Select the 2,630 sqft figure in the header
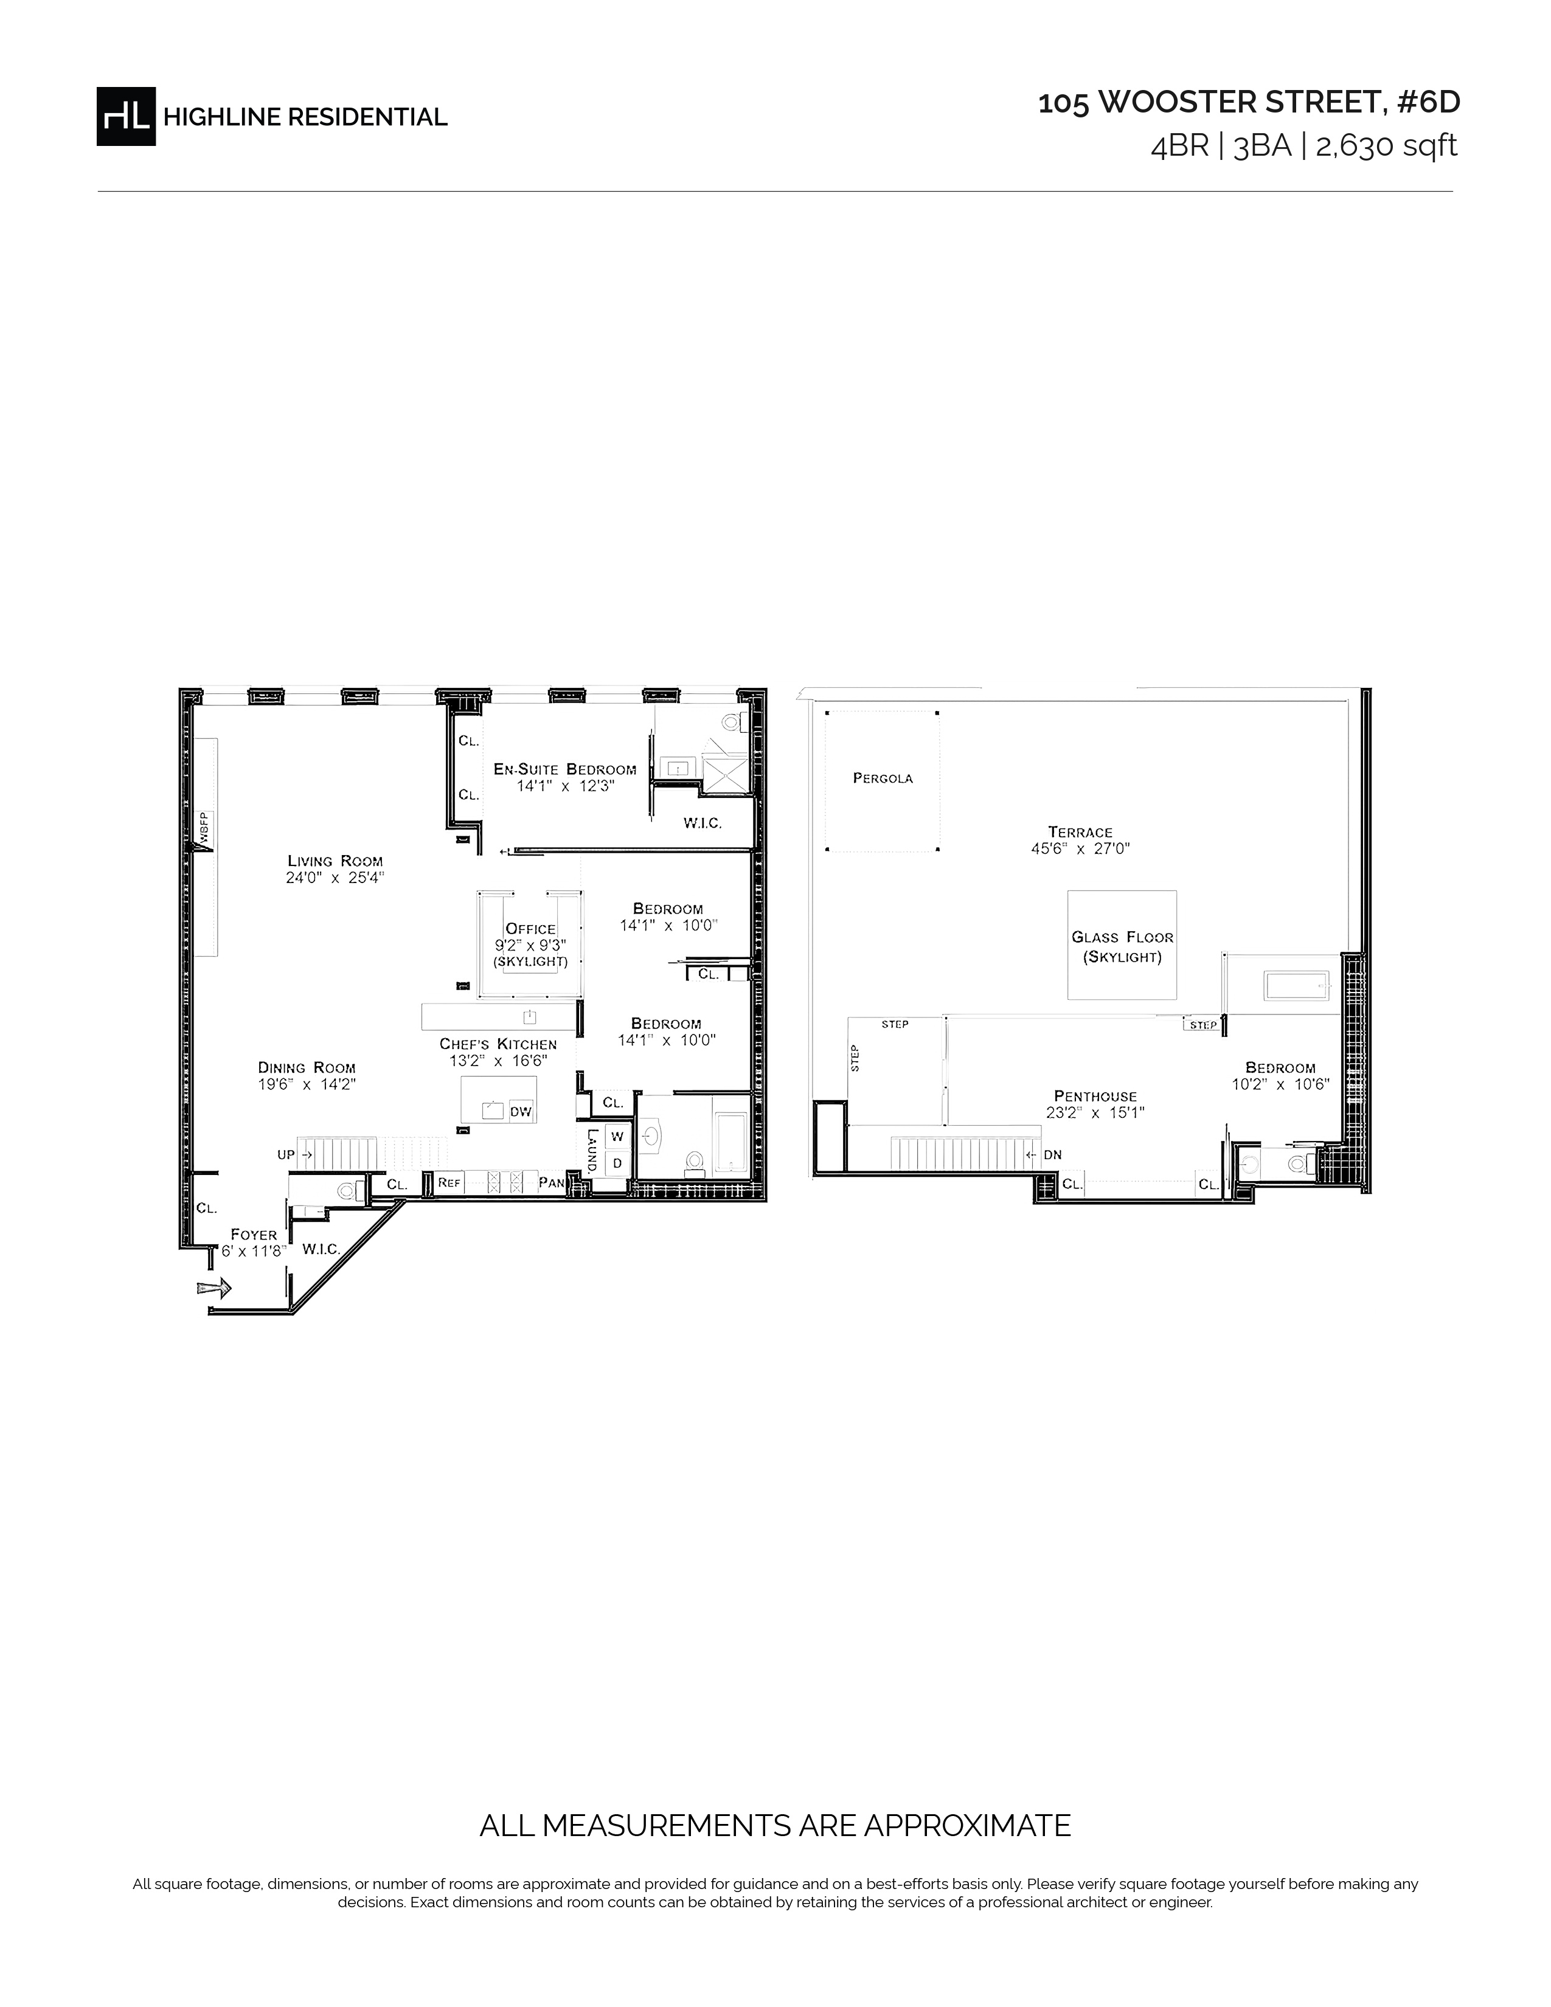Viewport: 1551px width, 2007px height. pyautogui.click(x=1387, y=146)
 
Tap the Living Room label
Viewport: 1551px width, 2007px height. pyautogui.click(x=335, y=861)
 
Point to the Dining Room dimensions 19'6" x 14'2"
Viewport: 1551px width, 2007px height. pyautogui.click(x=307, y=1083)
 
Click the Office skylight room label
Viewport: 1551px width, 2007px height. pyautogui.click(x=530, y=929)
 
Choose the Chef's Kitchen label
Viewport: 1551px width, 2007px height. pyautogui.click(x=498, y=1044)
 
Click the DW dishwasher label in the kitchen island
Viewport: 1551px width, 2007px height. pyautogui.click(x=521, y=1112)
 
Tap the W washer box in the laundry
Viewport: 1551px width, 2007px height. pyautogui.click(x=617, y=1137)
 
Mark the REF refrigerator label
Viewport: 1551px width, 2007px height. pyautogui.click(x=449, y=1183)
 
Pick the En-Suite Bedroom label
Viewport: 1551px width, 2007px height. pyautogui.click(x=565, y=769)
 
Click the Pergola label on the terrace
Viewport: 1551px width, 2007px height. pyautogui.click(x=883, y=778)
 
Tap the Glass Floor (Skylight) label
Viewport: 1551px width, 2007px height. pyautogui.click(x=1123, y=946)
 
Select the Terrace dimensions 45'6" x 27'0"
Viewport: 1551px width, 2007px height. pyautogui.click(x=1081, y=849)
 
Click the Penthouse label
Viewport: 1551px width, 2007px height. pyautogui.click(x=1095, y=1097)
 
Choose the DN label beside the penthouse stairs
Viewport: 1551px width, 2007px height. pyautogui.click(x=1053, y=1155)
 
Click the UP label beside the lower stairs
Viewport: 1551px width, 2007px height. pyautogui.click(x=286, y=1155)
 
